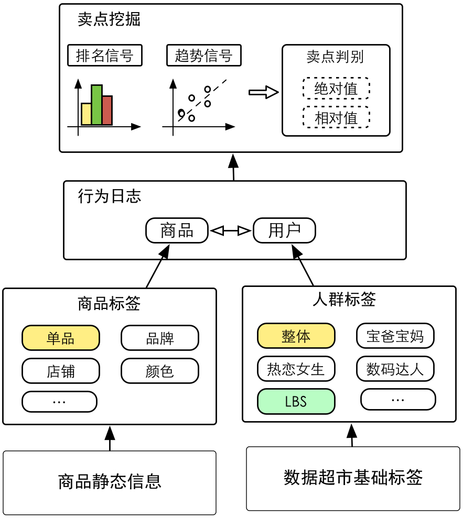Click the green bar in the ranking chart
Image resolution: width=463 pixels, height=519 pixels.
coord(96,105)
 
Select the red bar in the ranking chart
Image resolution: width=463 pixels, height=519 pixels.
coord(107,110)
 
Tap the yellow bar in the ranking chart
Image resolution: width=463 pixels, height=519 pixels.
coord(86,114)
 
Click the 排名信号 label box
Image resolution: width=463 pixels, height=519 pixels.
coord(105,56)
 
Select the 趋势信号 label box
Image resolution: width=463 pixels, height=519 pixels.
coord(203,56)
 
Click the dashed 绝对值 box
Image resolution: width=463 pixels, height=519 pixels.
coord(336,89)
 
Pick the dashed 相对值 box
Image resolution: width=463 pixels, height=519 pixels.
coord(336,117)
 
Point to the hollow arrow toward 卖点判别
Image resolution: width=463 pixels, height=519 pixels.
coord(263,92)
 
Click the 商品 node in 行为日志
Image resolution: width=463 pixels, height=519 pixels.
coord(177,230)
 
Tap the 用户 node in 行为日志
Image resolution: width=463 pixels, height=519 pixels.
coord(284,230)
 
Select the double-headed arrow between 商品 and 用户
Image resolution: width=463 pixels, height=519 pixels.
coord(231,230)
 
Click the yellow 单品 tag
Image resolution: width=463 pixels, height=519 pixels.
coord(60,338)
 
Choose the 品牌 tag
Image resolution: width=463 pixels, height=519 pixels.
coord(160,338)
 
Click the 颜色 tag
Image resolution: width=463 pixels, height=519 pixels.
coord(160,371)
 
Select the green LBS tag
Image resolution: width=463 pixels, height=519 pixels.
coord(296,402)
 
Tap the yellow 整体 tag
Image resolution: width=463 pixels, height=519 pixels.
coord(296,336)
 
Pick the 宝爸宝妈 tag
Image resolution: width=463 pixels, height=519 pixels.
coord(395,336)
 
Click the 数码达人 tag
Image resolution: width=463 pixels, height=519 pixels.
coord(395,369)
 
